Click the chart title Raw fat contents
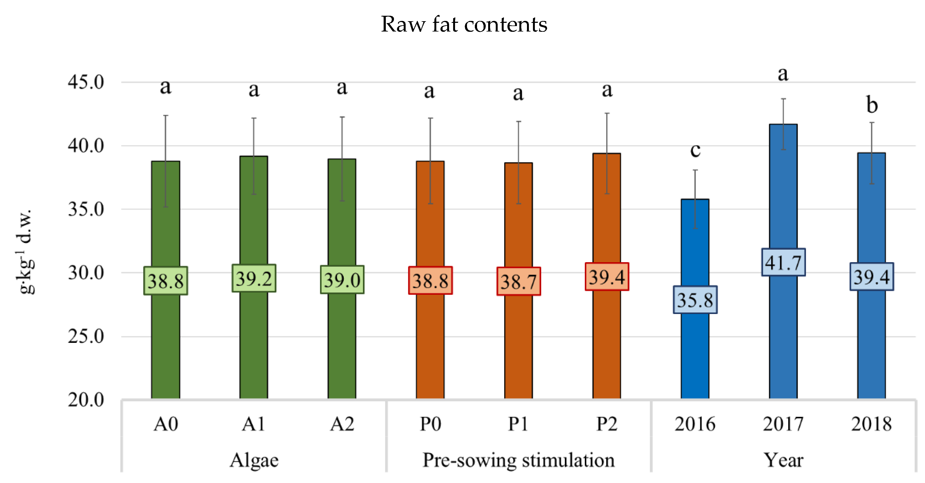pyautogui.click(x=464, y=24)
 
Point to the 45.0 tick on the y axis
pyautogui.click(x=86, y=82)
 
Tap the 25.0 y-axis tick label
pyautogui.click(x=86, y=336)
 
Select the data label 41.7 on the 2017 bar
pyautogui.click(x=783, y=262)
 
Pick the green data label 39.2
pyautogui.click(x=254, y=278)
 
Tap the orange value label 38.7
pyautogui.click(x=518, y=281)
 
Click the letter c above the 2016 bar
pyautogui.click(x=695, y=150)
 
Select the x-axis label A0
pyautogui.click(x=166, y=424)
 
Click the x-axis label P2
pyautogui.click(x=607, y=424)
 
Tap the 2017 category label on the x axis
pyautogui.click(x=783, y=424)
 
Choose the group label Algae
pyautogui.click(x=254, y=460)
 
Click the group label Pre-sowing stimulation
pyautogui.click(x=518, y=460)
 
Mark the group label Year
pyautogui.click(x=783, y=460)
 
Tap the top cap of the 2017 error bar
pyautogui.click(x=784, y=99)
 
